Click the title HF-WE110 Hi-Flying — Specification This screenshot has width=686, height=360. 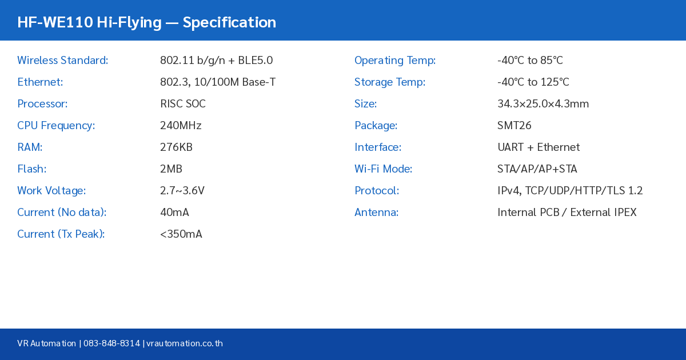click(x=146, y=22)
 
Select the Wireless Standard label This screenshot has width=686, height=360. click(x=62, y=61)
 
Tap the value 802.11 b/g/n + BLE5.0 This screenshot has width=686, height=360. click(x=216, y=61)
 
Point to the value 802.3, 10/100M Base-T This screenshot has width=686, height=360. click(x=218, y=82)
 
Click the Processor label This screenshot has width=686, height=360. click(x=42, y=104)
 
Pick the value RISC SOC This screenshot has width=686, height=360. click(x=182, y=104)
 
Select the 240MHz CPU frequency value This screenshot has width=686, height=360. click(x=181, y=126)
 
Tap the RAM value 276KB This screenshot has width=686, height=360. click(x=176, y=147)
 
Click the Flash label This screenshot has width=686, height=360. click(x=31, y=169)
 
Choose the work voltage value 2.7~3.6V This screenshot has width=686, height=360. click(x=182, y=191)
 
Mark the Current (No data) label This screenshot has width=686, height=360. click(x=62, y=213)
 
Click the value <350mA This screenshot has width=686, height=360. click(x=181, y=234)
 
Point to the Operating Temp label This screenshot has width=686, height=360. click(x=395, y=61)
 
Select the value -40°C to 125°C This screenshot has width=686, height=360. click(x=533, y=82)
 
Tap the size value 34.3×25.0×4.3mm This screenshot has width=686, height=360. click(x=543, y=104)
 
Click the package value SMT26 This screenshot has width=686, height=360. click(x=514, y=126)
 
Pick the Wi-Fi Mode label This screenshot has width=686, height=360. click(x=383, y=169)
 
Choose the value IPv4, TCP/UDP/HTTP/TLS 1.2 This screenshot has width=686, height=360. click(x=570, y=191)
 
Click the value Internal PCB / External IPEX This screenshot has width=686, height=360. click(x=567, y=213)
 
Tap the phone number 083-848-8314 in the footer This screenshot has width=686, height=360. click(x=111, y=343)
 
